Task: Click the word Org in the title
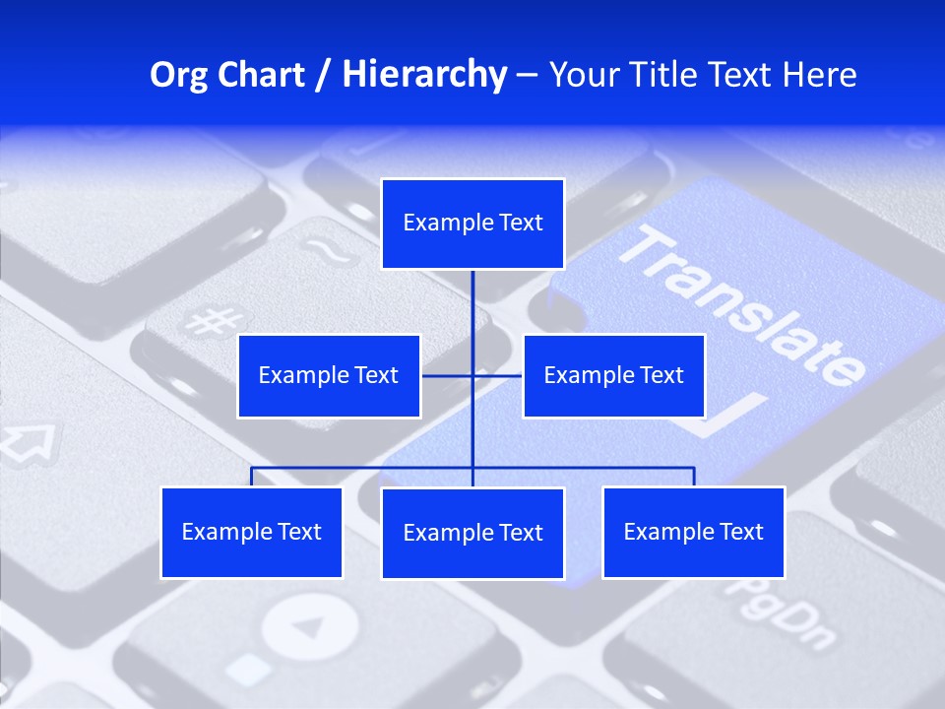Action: tap(178, 75)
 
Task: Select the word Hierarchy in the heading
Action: tap(423, 75)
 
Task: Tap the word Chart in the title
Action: tap(258, 75)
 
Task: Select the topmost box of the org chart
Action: tap(472, 224)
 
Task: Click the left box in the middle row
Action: tap(329, 376)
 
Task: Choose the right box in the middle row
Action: tap(613, 376)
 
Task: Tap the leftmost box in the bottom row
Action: tap(251, 533)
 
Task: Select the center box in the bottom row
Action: tap(472, 534)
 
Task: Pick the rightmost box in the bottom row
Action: tap(693, 533)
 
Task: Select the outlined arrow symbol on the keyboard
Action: tap(29, 441)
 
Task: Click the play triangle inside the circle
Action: tap(309, 627)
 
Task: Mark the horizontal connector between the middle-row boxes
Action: tap(448, 376)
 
